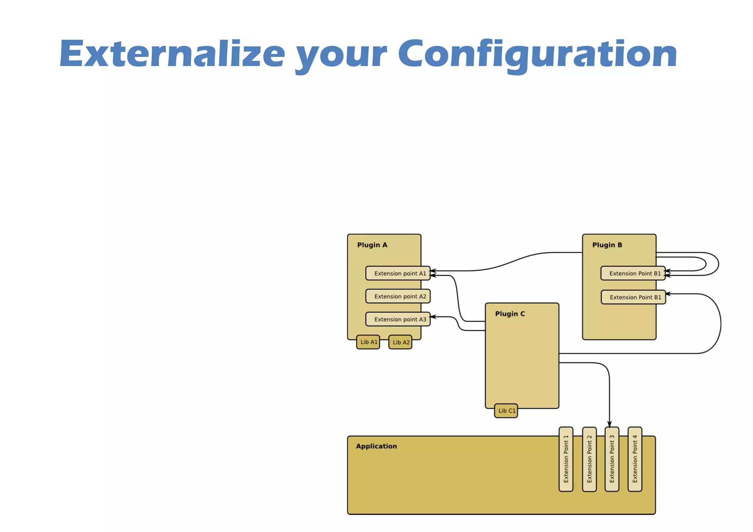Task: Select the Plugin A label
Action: [x=372, y=245]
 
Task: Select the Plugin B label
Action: [x=607, y=245]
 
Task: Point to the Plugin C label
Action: [x=510, y=314]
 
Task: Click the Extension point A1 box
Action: [x=398, y=273]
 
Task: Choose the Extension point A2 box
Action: [x=398, y=296]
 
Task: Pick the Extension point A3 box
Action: [x=398, y=319]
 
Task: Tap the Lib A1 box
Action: [x=368, y=342]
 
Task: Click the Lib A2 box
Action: [x=400, y=342]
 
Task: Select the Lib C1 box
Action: [x=506, y=411]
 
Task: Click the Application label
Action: [x=376, y=446]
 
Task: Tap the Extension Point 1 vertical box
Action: [x=566, y=459]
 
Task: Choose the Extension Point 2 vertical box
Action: [x=589, y=459]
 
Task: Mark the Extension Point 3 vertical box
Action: [x=612, y=459]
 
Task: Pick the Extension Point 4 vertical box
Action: [x=635, y=459]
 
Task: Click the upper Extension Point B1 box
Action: [x=633, y=273]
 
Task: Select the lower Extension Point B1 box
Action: [x=633, y=297]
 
